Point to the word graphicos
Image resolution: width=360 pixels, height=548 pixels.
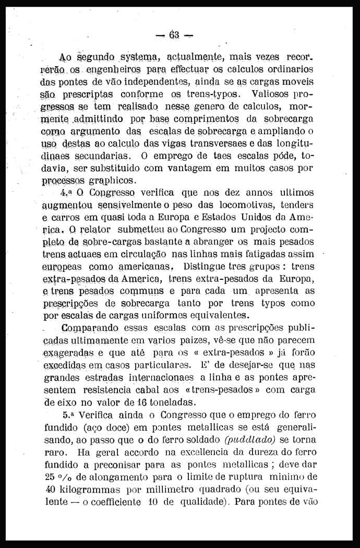click(113, 181)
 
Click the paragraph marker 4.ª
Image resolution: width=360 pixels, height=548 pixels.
click(67, 193)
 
